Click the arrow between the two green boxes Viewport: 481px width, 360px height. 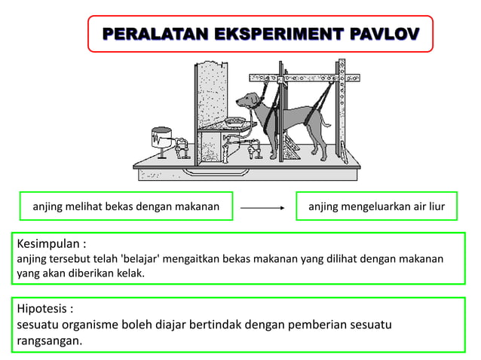coord(262,206)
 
